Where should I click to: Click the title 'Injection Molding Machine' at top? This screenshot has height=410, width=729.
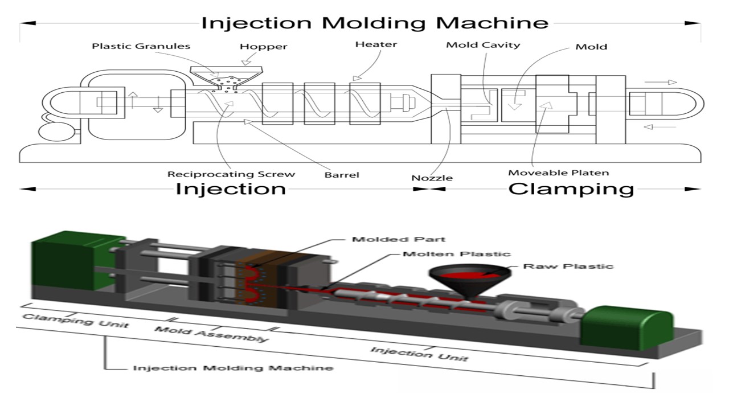point(375,23)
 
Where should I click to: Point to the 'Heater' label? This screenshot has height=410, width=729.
point(376,44)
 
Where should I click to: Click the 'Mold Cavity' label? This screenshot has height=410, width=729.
point(483,45)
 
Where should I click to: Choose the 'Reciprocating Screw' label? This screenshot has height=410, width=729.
point(231,174)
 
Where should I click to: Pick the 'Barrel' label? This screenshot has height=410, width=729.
point(342,175)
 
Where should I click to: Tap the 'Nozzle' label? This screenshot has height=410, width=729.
point(432,178)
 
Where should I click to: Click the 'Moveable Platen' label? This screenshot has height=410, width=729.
point(558,173)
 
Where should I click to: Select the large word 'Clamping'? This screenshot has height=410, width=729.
point(571,189)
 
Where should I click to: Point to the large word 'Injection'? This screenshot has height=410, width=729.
point(230,189)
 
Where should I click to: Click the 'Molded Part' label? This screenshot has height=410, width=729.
point(399,239)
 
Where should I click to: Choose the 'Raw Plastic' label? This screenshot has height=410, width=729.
point(568,266)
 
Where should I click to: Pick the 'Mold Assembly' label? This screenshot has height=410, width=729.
point(211,334)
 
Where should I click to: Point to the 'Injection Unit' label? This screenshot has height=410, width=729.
point(419,354)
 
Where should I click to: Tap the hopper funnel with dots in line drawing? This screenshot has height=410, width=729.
point(226,79)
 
